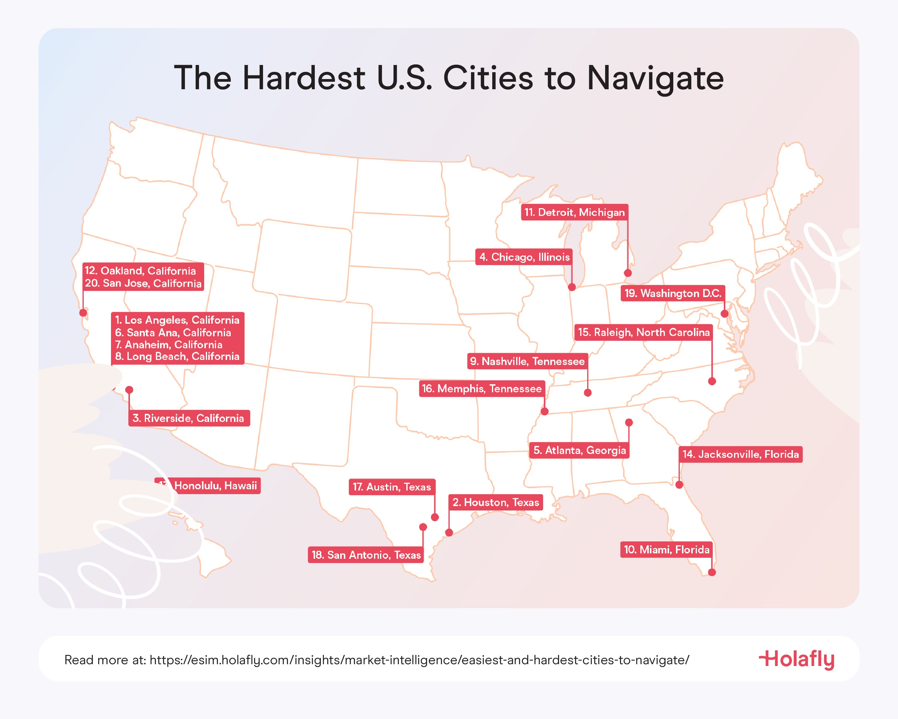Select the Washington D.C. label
click(673, 293)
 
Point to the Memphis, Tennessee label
click(481, 388)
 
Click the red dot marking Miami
click(712, 572)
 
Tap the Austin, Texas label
click(391, 487)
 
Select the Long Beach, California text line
click(177, 356)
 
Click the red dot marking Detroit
click(628, 273)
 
